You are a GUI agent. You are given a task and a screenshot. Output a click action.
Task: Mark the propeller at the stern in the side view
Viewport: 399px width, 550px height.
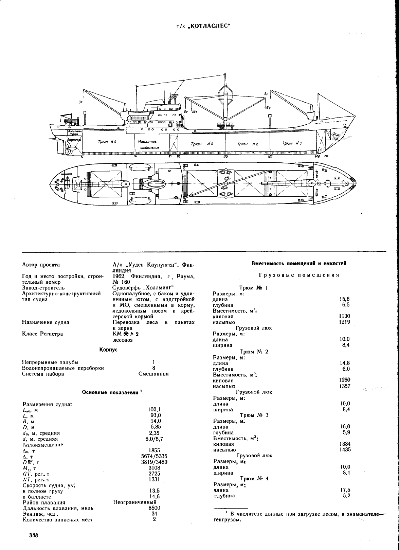pyautogui.click(x=68, y=148)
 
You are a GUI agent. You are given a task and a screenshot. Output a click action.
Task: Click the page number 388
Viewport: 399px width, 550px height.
pyautogui.click(x=33, y=535)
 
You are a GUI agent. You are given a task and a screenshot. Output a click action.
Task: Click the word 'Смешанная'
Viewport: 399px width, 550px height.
pyautogui.click(x=153, y=374)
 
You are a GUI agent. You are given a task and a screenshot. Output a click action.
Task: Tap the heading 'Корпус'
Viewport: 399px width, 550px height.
pyautogui.click(x=108, y=349)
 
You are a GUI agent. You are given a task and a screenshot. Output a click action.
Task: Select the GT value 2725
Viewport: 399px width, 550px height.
pyautogui.click(x=155, y=473)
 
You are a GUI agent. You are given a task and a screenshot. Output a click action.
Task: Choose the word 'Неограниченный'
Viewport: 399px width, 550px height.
pyautogui.click(x=135, y=502)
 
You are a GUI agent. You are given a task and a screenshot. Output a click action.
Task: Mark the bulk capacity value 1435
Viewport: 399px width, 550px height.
pyautogui.click(x=345, y=449)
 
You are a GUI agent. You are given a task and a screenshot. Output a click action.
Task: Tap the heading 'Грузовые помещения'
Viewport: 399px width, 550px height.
pyautogui.click(x=299, y=275)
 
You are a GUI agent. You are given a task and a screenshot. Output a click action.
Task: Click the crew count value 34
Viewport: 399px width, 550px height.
pyautogui.click(x=154, y=514)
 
